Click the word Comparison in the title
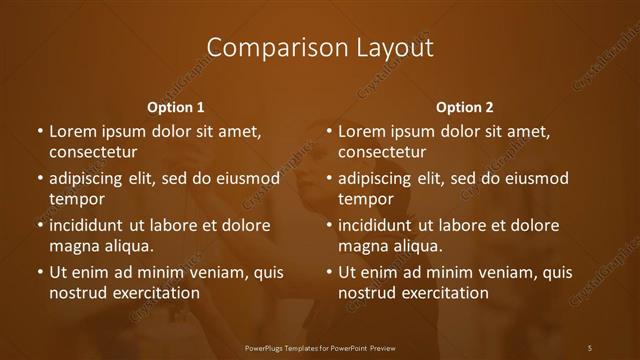(x=265, y=47)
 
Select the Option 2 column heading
(x=464, y=107)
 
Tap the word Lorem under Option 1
(x=74, y=131)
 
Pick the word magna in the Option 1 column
(x=73, y=246)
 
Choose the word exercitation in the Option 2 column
(x=441, y=293)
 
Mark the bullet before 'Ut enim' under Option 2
(x=328, y=272)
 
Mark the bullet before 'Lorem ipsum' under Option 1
(x=39, y=131)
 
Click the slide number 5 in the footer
(x=590, y=347)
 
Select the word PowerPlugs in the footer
(x=267, y=347)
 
